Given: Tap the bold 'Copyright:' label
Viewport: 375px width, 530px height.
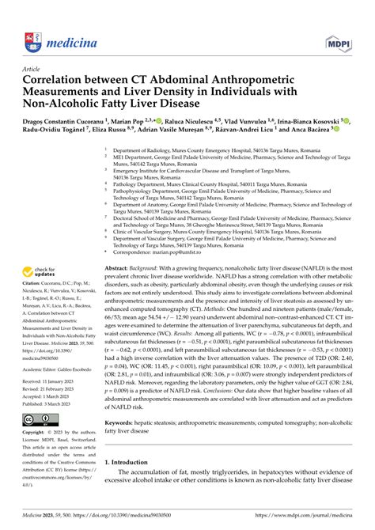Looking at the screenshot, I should pyautogui.click(x=37, y=433).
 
